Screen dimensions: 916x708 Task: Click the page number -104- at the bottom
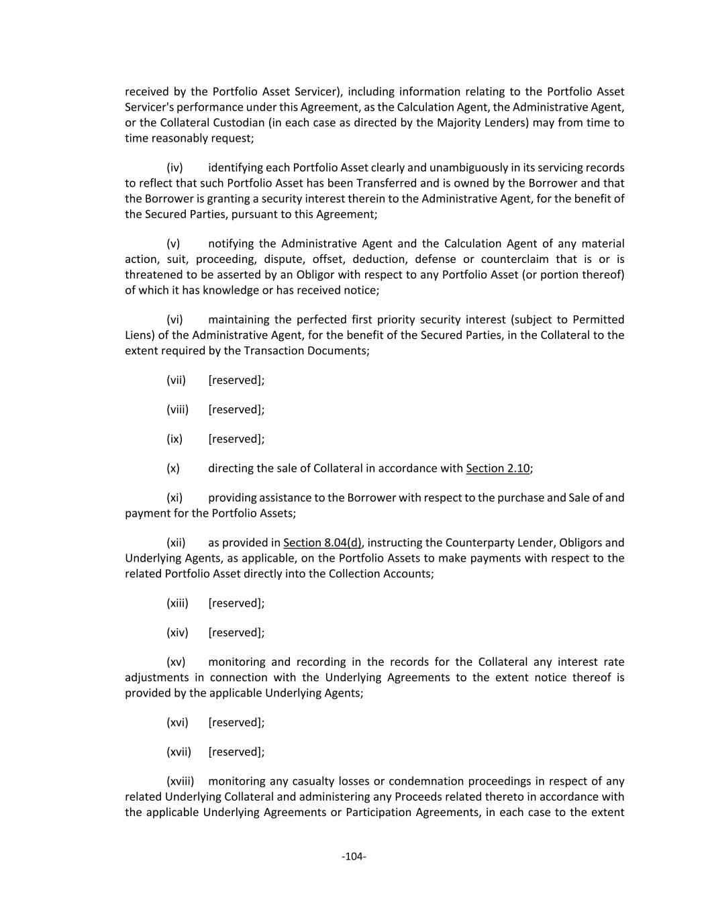(x=354, y=856)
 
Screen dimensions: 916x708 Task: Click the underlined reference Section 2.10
(x=497, y=468)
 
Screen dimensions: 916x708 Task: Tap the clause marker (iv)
(x=174, y=168)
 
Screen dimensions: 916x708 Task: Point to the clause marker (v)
(x=173, y=244)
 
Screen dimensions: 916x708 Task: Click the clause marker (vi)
(x=174, y=319)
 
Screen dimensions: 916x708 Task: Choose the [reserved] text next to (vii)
(x=236, y=380)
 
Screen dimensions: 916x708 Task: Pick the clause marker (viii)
(x=177, y=409)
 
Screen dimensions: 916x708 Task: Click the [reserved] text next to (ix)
(x=236, y=439)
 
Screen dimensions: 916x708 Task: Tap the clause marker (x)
(x=173, y=468)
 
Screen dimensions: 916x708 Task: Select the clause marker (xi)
(x=174, y=498)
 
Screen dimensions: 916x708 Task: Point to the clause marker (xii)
(x=176, y=543)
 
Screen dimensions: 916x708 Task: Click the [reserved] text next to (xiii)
(x=236, y=603)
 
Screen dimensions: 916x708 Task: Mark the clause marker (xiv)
(x=177, y=633)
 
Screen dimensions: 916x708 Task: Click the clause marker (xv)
(x=176, y=662)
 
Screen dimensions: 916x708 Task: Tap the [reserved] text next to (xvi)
(x=236, y=723)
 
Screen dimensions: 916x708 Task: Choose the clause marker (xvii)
(x=179, y=752)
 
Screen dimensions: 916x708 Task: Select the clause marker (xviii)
(x=180, y=782)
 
